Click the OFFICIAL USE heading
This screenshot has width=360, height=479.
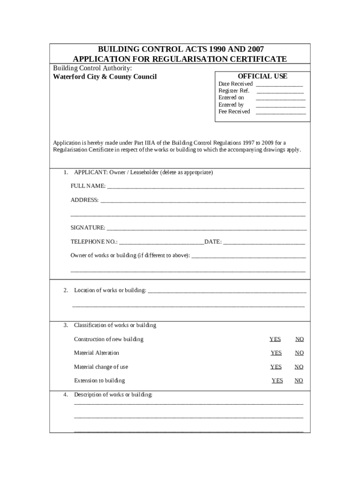(262, 76)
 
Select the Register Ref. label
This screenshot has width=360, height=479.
(234, 91)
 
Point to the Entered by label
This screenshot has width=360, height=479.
(231, 105)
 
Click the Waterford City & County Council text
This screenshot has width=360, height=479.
(105, 77)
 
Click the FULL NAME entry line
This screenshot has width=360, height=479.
(206, 188)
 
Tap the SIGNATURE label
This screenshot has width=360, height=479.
(88, 228)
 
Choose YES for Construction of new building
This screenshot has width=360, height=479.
(275, 339)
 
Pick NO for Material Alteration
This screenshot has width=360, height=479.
(299, 353)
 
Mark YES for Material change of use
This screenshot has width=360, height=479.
(276, 367)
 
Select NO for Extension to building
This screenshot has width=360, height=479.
(299, 381)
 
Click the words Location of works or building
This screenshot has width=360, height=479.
(110, 290)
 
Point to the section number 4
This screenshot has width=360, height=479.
(66, 395)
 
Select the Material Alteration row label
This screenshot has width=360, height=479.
(96, 353)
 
